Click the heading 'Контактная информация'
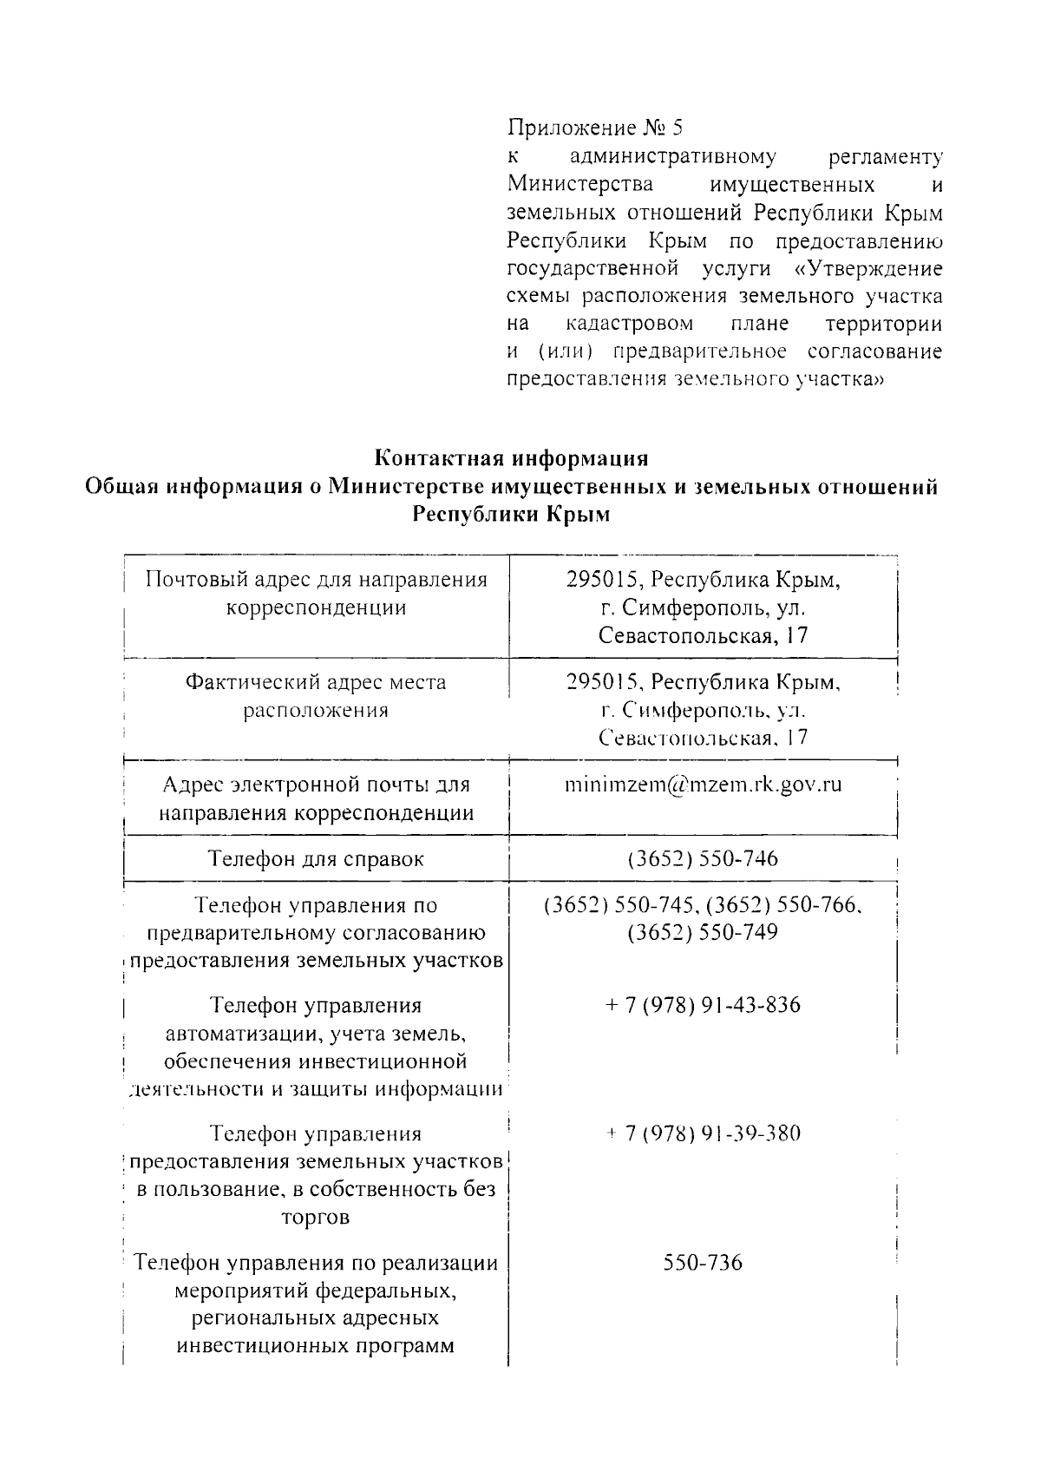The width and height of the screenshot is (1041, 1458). [x=512, y=457]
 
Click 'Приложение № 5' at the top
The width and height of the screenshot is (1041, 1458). [x=595, y=128]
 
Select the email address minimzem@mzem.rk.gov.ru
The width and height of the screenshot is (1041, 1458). [x=703, y=785]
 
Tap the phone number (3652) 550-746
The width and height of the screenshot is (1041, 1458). [x=703, y=859]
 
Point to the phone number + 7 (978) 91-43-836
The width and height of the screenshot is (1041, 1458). [x=703, y=1006]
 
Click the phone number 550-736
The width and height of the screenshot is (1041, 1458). [x=703, y=1262]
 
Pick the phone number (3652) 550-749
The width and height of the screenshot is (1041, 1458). [x=703, y=933]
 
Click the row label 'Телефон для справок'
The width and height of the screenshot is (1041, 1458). [x=316, y=859]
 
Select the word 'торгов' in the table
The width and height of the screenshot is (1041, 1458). [x=316, y=1217]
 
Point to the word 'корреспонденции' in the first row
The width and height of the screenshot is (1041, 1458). [x=316, y=607]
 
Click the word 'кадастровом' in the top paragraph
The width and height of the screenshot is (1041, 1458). [x=629, y=325]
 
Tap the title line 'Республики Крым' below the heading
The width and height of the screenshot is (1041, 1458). [x=512, y=515]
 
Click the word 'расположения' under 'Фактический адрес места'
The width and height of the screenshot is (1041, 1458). [x=316, y=711]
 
